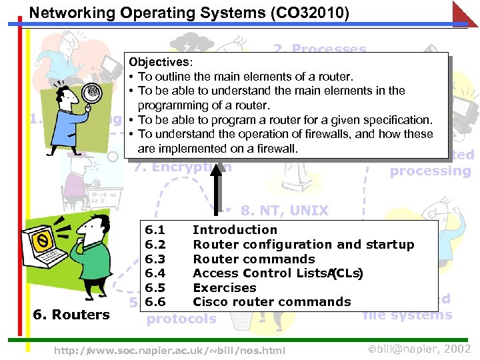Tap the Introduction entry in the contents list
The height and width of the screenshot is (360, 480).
click(235, 230)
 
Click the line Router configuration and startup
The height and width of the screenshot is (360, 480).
click(303, 245)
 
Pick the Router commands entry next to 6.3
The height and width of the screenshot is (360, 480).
click(253, 259)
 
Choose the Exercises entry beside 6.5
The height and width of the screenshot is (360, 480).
click(224, 288)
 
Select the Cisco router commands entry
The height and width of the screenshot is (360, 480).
click(271, 302)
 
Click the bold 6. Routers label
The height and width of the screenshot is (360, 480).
click(72, 315)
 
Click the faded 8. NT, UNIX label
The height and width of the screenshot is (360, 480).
click(285, 211)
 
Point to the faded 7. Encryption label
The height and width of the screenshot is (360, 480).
click(183, 167)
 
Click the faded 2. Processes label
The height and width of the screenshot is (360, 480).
click(319, 49)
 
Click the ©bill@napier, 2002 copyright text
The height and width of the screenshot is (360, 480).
click(420, 349)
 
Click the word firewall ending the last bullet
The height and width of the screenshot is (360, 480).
click(273, 148)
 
